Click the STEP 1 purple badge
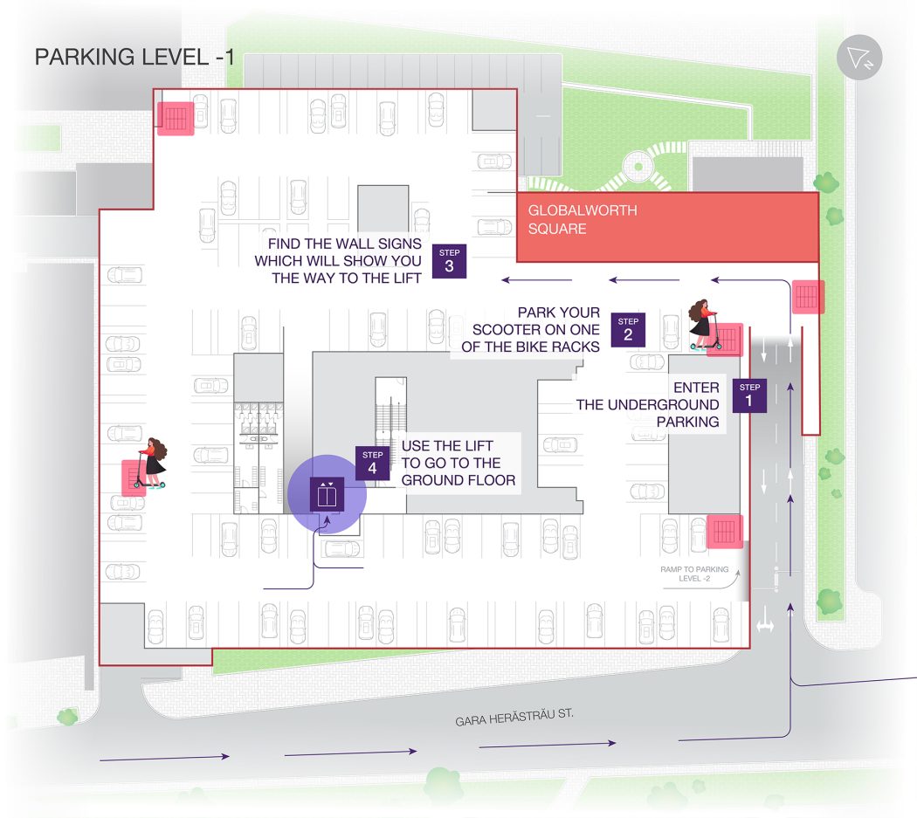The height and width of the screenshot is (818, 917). tap(749, 395)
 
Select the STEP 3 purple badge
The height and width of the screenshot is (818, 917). tap(449, 261)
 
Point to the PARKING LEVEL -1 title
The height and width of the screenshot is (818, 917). tap(134, 58)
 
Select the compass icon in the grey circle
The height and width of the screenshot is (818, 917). tap(859, 58)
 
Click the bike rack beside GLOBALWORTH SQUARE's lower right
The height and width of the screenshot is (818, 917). tap(807, 297)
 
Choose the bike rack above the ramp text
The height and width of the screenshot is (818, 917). tap(725, 531)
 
